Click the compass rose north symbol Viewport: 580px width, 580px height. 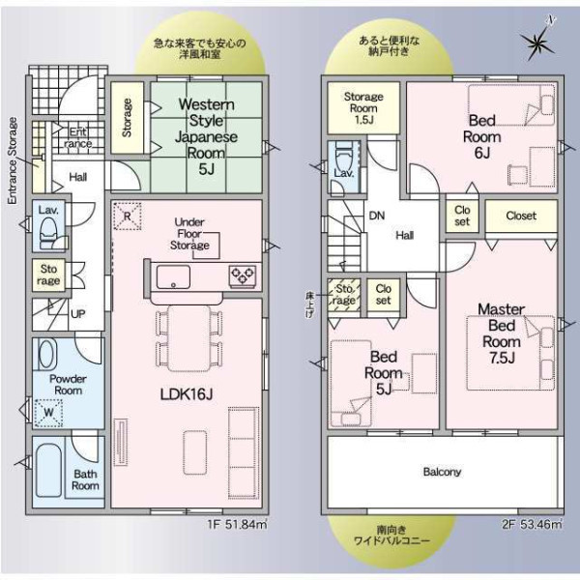[x=540, y=43]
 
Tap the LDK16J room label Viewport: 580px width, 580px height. [x=187, y=394]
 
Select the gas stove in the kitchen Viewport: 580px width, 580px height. [x=243, y=275]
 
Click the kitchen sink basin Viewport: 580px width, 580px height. [x=173, y=276]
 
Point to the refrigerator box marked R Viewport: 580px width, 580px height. [x=127, y=216]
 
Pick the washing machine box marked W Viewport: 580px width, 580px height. [x=48, y=413]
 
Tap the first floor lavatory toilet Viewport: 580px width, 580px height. [x=48, y=233]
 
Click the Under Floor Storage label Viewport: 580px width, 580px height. [x=189, y=233]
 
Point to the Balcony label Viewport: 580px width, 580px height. [x=442, y=472]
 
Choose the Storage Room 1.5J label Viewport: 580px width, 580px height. [x=363, y=108]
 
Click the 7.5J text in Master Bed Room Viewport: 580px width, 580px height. [x=502, y=358]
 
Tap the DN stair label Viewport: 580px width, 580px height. [x=377, y=216]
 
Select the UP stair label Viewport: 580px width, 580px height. [x=77, y=314]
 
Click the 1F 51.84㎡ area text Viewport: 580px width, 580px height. [x=237, y=525]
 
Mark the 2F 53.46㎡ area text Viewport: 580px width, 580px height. [x=533, y=525]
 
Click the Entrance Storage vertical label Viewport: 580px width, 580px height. [x=13, y=160]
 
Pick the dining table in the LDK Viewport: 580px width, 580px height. [x=188, y=338]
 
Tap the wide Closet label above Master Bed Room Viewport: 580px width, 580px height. [x=521, y=216]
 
